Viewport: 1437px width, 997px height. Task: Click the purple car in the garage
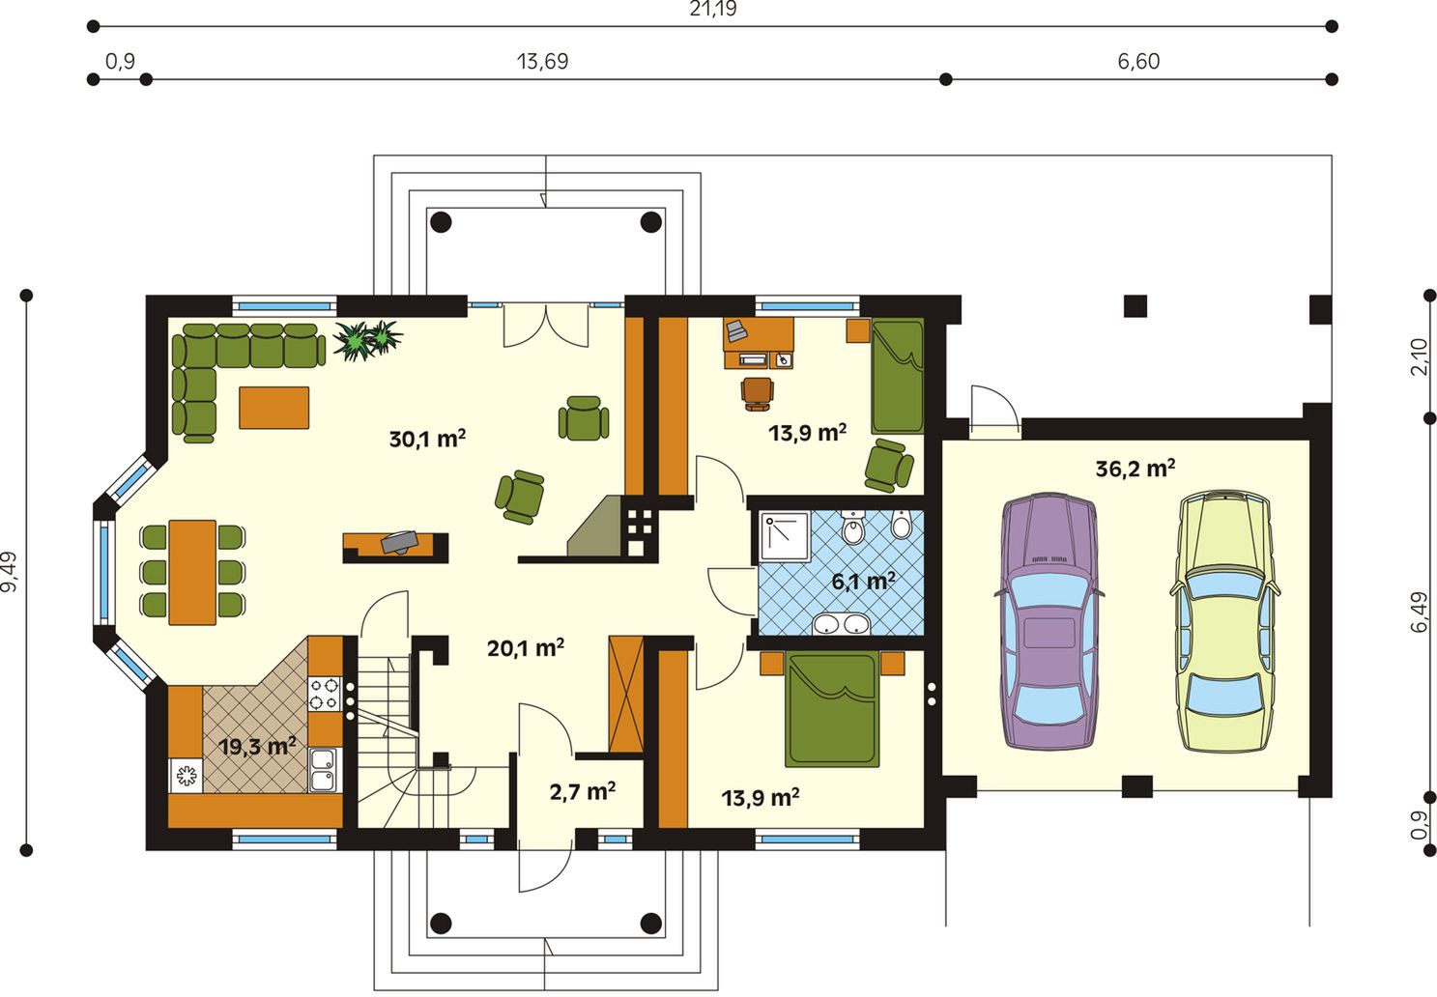click(x=1049, y=620)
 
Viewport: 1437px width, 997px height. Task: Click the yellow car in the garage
click(x=1224, y=620)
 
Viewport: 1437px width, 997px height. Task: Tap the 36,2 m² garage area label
click(x=1135, y=469)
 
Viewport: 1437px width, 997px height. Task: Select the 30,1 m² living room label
click(x=427, y=440)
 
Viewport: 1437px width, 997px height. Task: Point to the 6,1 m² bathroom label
click(x=863, y=582)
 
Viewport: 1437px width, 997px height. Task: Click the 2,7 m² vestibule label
click(x=583, y=792)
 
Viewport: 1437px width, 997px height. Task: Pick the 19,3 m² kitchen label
click(x=257, y=747)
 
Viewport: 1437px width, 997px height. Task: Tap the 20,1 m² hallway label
click(x=526, y=648)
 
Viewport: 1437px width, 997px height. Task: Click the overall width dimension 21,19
click(x=713, y=9)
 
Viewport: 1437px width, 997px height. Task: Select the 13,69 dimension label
click(x=542, y=62)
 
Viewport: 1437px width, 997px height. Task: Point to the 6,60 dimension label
click(x=1138, y=62)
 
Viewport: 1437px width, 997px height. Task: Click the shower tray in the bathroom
click(x=785, y=535)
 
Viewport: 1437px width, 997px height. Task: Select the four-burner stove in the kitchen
click(x=325, y=694)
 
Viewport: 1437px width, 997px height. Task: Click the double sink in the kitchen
click(x=325, y=770)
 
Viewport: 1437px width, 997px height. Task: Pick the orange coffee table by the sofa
click(x=273, y=407)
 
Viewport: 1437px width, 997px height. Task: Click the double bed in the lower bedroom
click(x=832, y=708)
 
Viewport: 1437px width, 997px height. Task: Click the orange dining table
click(x=191, y=572)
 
